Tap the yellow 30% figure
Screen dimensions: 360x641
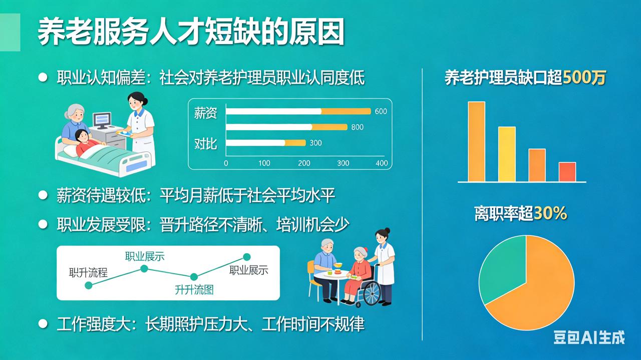point(550,214)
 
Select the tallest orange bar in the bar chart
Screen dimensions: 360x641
point(476,141)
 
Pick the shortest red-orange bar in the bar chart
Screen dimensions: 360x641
point(567,172)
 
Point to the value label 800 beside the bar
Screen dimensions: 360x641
point(357,127)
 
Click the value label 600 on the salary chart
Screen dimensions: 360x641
point(381,111)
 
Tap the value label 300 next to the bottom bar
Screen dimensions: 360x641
point(315,143)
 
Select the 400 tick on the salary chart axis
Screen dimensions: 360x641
point(382,163)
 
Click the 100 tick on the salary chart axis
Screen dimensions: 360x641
point(264,163)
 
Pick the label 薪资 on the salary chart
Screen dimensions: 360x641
point(205,113)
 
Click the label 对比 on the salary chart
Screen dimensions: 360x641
point(205,144)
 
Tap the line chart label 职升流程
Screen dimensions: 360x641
point(89,273)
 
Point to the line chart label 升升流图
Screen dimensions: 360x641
point(194,289)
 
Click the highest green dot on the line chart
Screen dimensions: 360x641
point(246,257)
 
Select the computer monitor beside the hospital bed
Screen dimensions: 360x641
point(102,120)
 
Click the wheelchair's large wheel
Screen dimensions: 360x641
point(371,293)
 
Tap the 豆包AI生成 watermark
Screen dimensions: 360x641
point(589,337)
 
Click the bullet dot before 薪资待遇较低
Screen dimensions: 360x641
point(43,195)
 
